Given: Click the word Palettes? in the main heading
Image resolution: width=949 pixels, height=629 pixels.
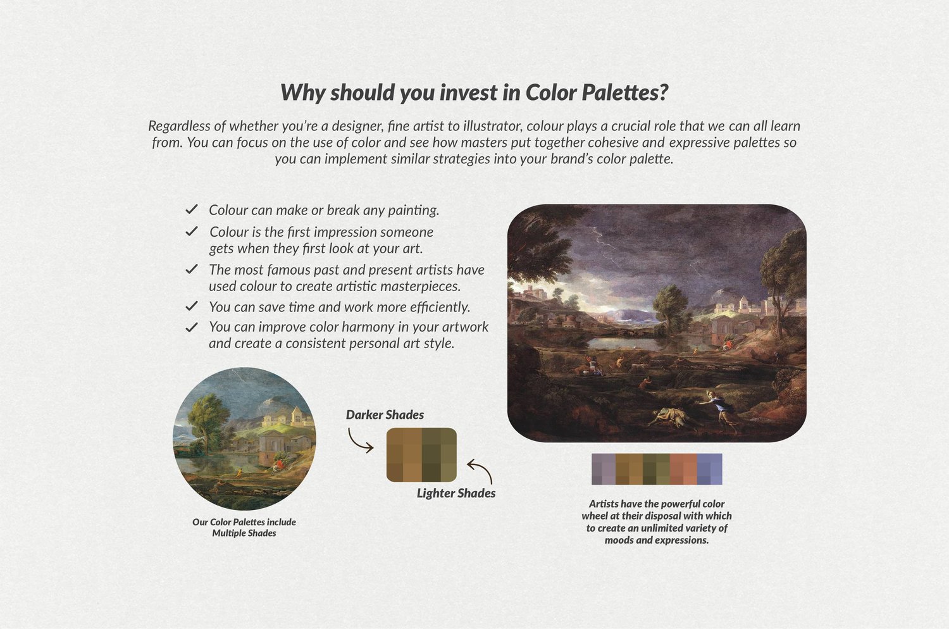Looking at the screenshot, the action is [624, 92].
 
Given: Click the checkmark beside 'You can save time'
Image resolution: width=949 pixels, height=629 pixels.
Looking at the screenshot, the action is [192, 306].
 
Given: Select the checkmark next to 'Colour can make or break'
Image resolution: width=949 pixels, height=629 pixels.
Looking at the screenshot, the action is [192, 209].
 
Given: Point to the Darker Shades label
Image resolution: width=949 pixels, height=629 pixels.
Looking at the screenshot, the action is [385, 414].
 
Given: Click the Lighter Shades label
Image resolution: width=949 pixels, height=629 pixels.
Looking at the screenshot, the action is [456, 493].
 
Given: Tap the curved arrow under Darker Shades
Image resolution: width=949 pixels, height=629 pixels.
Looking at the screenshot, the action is [359, 441].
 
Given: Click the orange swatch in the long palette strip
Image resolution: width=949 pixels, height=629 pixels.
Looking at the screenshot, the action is [683, 469].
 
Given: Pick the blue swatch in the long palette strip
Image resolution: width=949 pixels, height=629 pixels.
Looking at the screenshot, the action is [710, 469].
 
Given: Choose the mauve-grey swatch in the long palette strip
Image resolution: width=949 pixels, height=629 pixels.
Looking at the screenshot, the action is [604, 469].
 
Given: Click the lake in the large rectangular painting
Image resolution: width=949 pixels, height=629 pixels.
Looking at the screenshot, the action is [626, 342].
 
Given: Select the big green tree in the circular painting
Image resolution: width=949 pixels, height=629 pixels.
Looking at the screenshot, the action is [206, 420].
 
